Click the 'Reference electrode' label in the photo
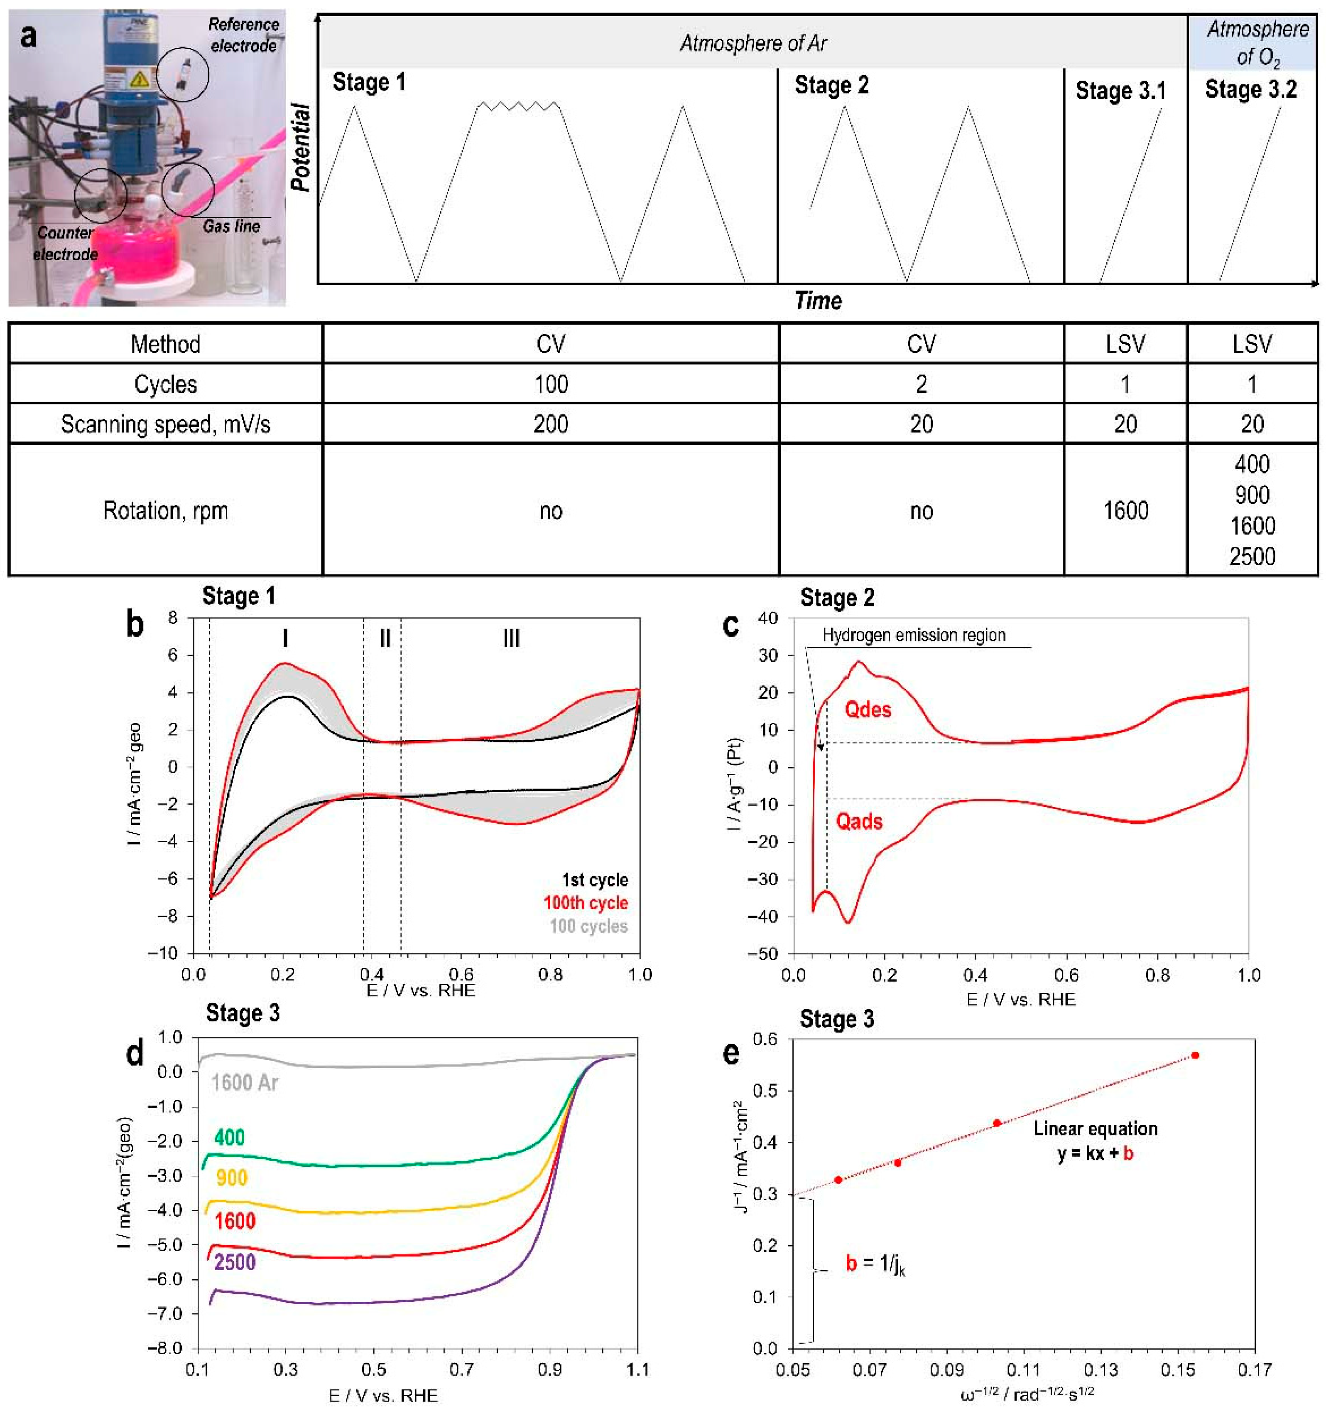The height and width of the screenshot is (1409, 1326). (243, 35)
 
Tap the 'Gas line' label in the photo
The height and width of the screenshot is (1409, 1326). (231, 226)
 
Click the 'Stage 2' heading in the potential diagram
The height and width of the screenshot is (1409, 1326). (831, 85)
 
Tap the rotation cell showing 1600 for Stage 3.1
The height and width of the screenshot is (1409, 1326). (1125, 510)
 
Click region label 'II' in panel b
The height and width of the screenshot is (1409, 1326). (385, 638)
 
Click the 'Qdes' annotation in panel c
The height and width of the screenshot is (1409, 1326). (867, 709)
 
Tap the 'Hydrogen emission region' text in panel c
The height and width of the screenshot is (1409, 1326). (913, 635)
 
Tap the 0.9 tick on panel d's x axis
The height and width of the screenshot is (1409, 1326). (550, 1370)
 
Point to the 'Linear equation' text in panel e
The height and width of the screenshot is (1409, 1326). (1095, 1128)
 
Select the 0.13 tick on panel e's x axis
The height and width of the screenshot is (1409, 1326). (1100, 1370)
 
